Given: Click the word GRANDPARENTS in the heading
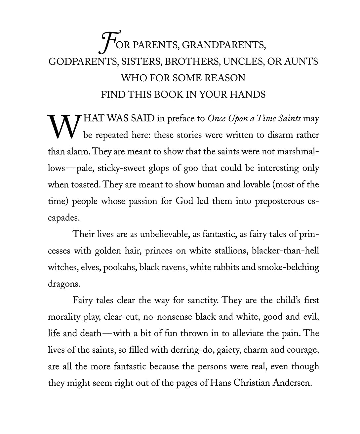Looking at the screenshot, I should (x=224, y=45).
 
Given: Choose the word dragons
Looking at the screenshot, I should (x=64, y=284).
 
